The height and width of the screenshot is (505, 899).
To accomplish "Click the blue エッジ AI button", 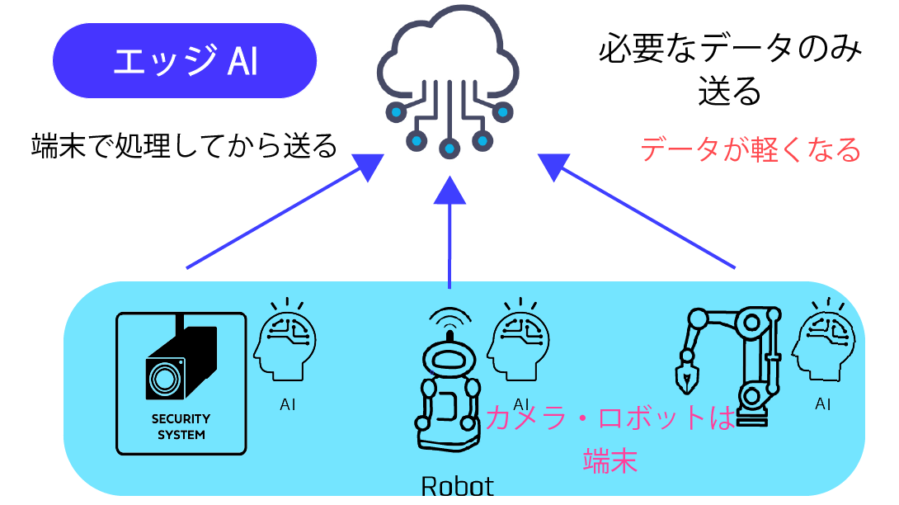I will point(185,61).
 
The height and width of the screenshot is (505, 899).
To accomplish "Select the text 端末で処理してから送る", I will point(184,146).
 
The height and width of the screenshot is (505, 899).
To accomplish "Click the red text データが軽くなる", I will point(751,150).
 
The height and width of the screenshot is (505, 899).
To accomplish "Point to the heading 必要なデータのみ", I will point(730,50).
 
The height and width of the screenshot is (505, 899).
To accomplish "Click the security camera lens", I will point(164,379).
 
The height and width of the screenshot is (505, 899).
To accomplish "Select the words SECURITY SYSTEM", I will point(181,427).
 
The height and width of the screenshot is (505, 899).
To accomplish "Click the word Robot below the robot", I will point(457,486).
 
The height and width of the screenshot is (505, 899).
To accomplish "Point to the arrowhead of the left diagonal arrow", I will point(365,168).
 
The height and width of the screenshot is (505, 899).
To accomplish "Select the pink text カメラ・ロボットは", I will point(610,419).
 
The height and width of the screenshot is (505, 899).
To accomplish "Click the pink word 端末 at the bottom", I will point(610,460).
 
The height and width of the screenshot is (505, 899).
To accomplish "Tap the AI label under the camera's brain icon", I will point(287,404).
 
